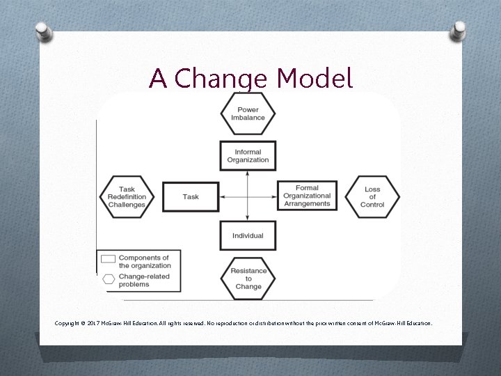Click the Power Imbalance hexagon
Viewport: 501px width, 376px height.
pyautogui.click(x=248, y=113)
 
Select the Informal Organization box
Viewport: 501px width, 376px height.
pyautogui.click(x=248, y=156)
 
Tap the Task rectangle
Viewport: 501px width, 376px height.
pyautogui.click(x=191, y=196)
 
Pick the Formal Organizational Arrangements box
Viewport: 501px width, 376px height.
pyautogui.click(x=307, y=196)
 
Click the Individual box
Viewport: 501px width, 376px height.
pyautogui.click(x=248, y=235)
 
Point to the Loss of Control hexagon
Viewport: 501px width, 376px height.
pyautogui.click(x=372, y=196)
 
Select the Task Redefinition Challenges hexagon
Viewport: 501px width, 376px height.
pyautogui.click(x=127, y=196)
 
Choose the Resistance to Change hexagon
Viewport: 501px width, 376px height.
pyautogui.click(x=248, y=278)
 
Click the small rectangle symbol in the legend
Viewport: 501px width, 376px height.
pyautogui.click(x=109, y=259)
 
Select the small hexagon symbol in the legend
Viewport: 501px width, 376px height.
pyautogui.click(x=109, y=280)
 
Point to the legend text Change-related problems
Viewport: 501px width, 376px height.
pyautogui.click(x=144, y=280)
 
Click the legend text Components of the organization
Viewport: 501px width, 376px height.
pyautogui.click(x=144, y=261)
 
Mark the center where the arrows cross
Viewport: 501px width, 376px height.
pyautogui.click(x=248, y=196)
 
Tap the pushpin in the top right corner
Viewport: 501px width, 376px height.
pyautogui.click(x=459, y=29)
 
